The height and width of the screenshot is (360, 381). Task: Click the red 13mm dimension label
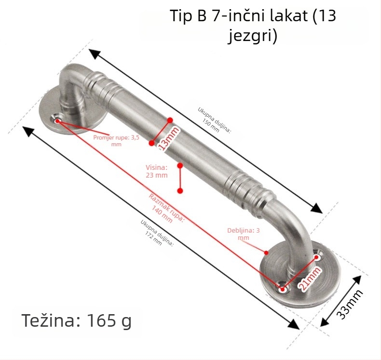click(x=168, y=138)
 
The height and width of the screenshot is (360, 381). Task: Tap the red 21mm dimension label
click(x=310, y=279)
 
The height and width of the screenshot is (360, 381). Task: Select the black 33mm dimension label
click(x=350, y=305)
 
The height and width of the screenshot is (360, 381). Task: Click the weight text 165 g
click(x=109, y=320)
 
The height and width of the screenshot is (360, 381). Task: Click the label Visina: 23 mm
click(x=157, y=171)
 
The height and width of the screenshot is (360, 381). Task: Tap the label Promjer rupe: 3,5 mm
click(x=116, y=141)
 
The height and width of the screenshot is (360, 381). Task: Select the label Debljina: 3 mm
click(x=244, y=234)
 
